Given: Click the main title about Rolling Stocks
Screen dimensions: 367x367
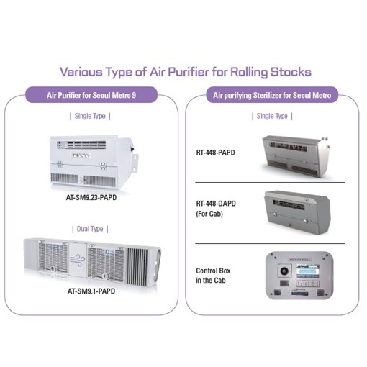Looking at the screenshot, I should (x=183, y=71).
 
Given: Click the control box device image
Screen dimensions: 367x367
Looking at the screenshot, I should (x=299, y=276).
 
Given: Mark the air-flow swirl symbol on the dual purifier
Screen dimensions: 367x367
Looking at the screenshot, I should (x=90, y=255).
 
